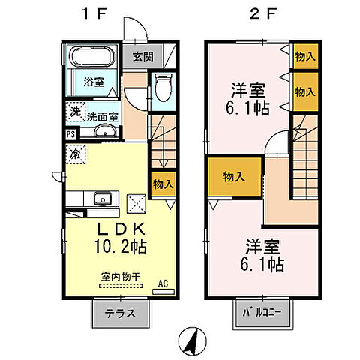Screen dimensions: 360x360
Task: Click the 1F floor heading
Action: coord(100,13)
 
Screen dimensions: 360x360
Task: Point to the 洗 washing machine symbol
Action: coord(74,112)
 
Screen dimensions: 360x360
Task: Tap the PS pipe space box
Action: coord(70,135)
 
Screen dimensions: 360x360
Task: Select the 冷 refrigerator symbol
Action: coord(76,154)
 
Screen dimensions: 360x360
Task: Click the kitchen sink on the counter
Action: coord(102,199)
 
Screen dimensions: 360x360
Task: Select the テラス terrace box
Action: coord(120,313)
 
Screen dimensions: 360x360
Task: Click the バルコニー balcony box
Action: coord(262,313)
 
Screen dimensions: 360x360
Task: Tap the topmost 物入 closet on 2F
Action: coord(304,56)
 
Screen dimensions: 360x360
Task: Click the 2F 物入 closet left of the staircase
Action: coord(235,177)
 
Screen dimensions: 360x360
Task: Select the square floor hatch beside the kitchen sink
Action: coord(137,202)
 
